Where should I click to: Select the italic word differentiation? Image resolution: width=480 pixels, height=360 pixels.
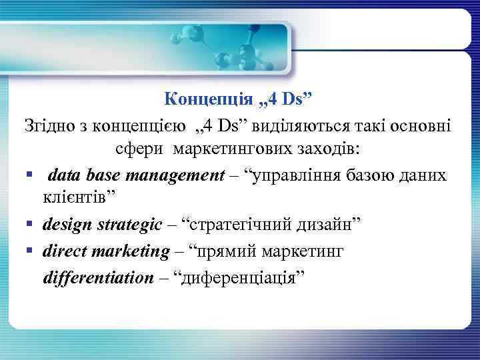(98, 277)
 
